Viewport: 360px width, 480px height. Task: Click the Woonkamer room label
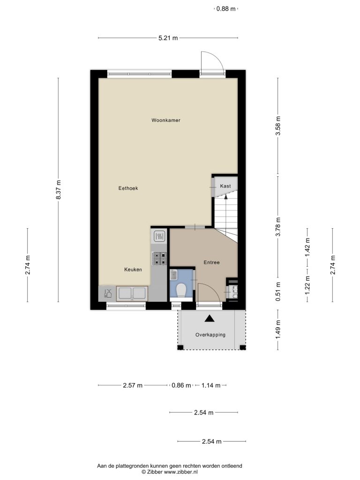click(x=166, y=120)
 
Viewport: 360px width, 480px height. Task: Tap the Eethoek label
click(x=128, y=188)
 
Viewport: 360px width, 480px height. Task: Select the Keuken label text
click(x=133, y=270)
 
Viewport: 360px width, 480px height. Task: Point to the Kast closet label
click(x=225, y=186)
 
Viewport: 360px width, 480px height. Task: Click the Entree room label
click(x=212, y=262)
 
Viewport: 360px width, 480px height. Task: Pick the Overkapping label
click(x=210, y=335)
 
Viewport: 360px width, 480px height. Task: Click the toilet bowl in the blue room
click(x=181, y=290)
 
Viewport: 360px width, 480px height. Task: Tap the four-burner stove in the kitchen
click(x=159, y=258)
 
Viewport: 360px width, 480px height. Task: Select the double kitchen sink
click(x=132, y=293)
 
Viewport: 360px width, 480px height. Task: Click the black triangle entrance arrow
click(x=210, y=318)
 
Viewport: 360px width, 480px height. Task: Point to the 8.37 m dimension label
click(x=59, y=190)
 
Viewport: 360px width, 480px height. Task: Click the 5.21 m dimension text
click(x=168, y=38)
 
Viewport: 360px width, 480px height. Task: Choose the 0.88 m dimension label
click(x=226, y=9)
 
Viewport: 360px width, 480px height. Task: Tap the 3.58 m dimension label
click(x=278, y=126)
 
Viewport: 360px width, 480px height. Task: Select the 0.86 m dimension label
click(x=181, y=385)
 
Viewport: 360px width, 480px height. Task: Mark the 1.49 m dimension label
click(x=278, y=330)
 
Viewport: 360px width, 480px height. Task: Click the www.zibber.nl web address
click(x=181, y=472)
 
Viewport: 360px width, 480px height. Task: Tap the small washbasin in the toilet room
click(x=173, y=275)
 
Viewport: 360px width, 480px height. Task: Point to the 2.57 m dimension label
click(x=133, y=385)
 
